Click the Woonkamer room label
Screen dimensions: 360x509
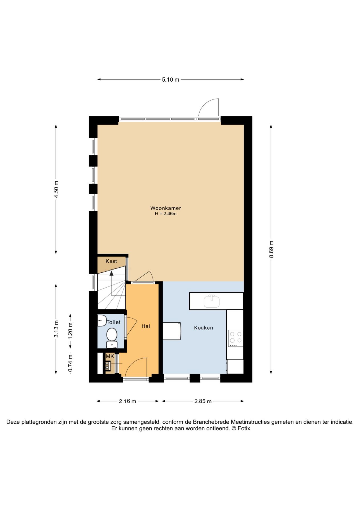(166, 208)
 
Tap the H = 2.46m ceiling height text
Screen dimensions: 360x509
(166, 214)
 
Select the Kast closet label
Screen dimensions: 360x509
(111, 261)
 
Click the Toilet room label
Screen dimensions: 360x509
(113, 322)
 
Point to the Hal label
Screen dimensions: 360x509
(146, 326)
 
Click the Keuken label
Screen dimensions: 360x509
(204, 328)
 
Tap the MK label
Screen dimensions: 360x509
(110, 356)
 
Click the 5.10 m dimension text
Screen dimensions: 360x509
(170, 80)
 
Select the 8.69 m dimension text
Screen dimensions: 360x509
(271, 249)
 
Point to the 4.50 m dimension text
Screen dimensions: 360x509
(56, 189)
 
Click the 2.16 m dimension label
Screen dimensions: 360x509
(128, 401)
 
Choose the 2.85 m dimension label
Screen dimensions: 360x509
(203, 401)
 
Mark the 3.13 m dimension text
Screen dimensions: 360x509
(56, 329)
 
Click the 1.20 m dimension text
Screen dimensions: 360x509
(70, 331)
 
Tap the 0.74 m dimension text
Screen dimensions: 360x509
(70, 363)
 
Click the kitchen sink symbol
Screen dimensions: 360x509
(212, 301)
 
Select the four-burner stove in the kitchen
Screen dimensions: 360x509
(236, 338)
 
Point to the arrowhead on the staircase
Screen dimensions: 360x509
(112, 273)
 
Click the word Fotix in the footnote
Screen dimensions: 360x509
(244, 428)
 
